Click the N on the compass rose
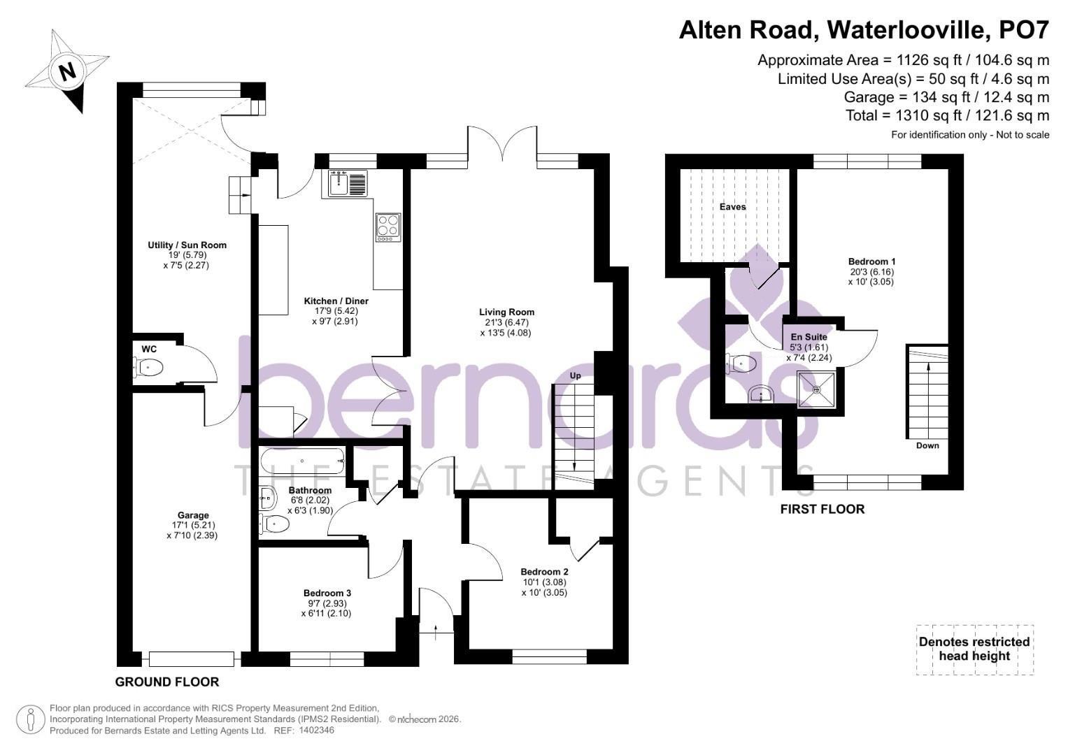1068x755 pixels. tap(67, 71)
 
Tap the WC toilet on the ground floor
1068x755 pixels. tap(149, 366)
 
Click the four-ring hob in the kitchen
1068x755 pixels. tap(388, 227)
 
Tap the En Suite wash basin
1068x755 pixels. tap(760, 396)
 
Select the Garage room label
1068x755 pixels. tap(193, 515)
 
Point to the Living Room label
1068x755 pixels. tap(506, 312)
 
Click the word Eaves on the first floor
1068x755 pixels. tap(733, 207)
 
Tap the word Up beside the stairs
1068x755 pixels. tap(576, 376)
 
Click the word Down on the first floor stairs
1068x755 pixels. tap(927, 445)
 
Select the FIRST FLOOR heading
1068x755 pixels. tap(822, 509)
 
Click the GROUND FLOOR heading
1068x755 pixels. tap(166, 682)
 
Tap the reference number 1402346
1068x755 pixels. tap(316, 731)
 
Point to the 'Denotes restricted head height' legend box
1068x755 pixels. tap(974, 649)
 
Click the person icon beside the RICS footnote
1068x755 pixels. tap(31, 719)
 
